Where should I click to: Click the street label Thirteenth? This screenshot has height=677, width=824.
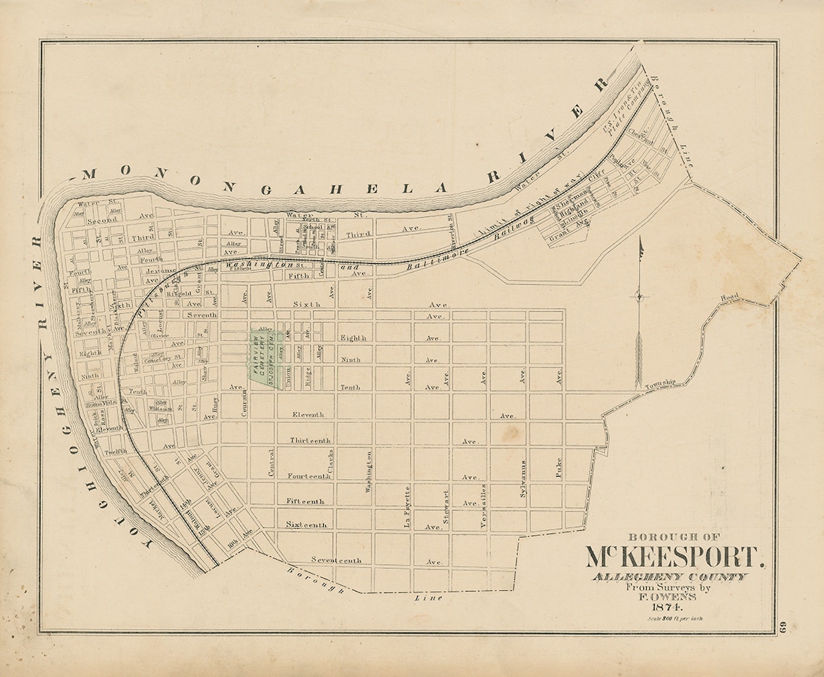coord(310,440)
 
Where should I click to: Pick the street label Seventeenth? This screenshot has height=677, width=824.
coord(335,560)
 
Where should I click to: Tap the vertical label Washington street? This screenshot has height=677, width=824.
coord(369,472)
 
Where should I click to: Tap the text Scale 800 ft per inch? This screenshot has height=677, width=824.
coord(675,619)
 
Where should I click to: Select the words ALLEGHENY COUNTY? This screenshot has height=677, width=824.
coord(669,576)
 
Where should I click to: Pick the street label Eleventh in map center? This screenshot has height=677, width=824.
coord(308,414)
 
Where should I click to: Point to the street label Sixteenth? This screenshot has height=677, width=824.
coord(306,524)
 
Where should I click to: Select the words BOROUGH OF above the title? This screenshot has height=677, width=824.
coord(674,537)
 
